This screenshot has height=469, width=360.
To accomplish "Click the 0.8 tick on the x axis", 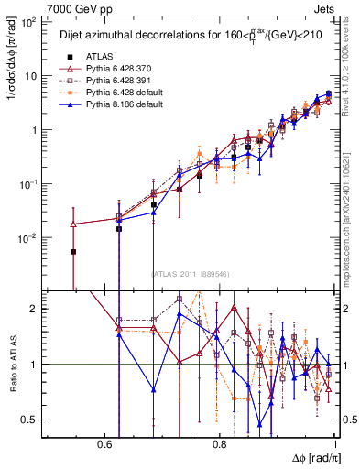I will [220, 444].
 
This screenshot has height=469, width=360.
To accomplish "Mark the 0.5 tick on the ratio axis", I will [31, 420].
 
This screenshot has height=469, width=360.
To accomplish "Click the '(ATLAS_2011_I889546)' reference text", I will [191, 274].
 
